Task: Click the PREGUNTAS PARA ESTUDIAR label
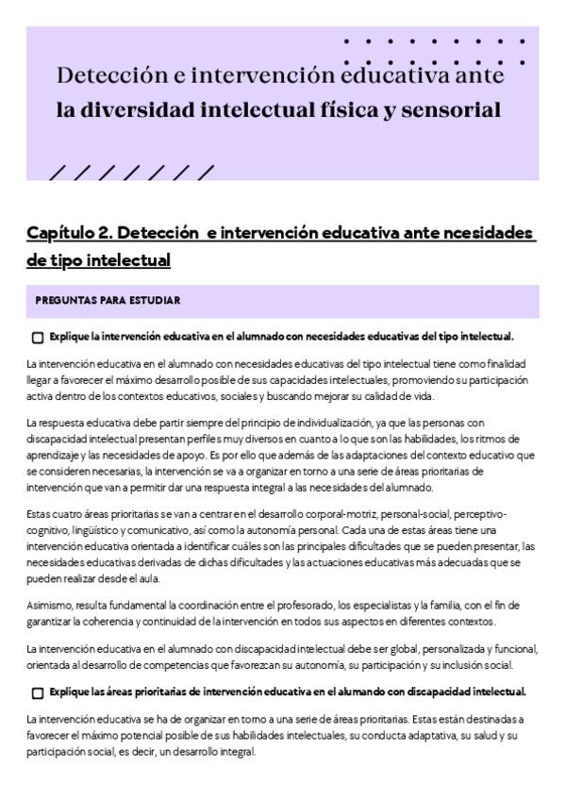tap(108, 301)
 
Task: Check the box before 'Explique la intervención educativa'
tap(38, 338)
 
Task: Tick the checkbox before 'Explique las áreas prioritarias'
tap(38, 692)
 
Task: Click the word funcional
tap(511, 649)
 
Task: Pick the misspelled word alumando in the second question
tap(346, 692)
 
